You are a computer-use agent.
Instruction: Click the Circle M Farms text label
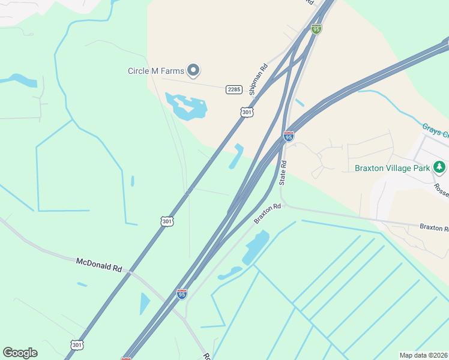(155, 71)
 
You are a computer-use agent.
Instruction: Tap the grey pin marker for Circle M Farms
(193, 71)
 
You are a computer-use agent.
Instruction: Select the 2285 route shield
(234, 89)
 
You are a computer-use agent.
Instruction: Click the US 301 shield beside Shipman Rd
(247, 112)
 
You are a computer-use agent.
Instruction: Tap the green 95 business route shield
(316, 28)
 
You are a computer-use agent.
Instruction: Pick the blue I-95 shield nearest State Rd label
(289, 136)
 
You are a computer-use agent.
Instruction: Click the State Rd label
(283, 173)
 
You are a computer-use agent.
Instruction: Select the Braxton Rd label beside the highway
(267, 214)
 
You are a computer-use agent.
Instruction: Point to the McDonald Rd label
(99, 265)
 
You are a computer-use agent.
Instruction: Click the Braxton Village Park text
(393, 168)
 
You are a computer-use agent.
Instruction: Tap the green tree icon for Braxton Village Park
(440, 167)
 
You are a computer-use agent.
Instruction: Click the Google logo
(20, 353)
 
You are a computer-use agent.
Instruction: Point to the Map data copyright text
(423, 355)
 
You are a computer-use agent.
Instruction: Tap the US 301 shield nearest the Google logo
(77, 345)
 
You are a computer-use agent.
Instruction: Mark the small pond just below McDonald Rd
(145, 302)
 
